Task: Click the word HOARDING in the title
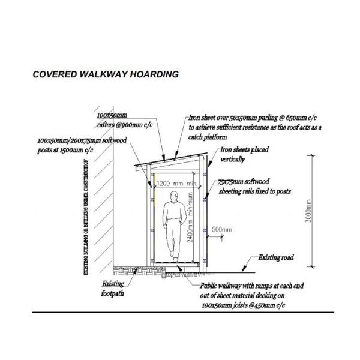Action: click(153, 75)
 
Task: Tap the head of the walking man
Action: click(174, 196)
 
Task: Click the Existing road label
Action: click(275, 257)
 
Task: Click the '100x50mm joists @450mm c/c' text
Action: click(243, 305)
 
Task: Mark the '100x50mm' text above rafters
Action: click(112, 114)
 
